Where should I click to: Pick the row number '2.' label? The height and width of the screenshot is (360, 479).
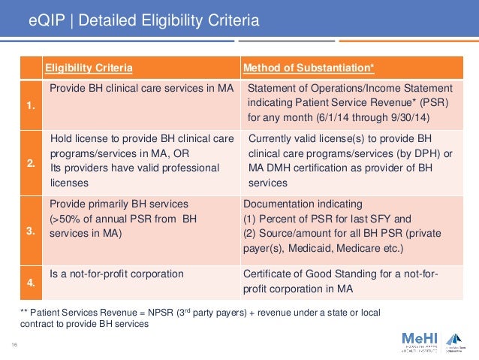tap(30, 162)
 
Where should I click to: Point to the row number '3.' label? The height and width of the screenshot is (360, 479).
tap(30, 232)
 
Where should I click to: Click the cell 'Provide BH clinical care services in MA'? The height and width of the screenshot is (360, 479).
tap(142, 89)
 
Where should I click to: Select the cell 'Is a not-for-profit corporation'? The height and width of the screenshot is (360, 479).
tap(116, 274)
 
